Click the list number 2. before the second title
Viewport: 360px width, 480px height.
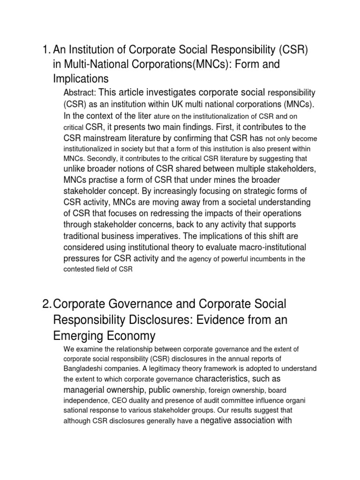click(x=46, y=304)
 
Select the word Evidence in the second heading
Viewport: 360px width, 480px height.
click(x=202, y=321)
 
